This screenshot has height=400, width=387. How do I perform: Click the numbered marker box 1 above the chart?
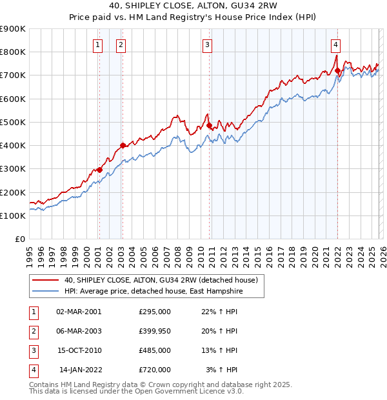pos(97,45)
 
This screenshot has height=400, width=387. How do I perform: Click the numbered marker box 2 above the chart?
pos(121,45)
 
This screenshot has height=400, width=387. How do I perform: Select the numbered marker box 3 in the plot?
pos(207,45)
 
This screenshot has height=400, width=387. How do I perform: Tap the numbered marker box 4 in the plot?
pos(336,45)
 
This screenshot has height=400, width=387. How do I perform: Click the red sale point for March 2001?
pos(99,170)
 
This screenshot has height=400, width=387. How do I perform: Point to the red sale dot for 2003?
pos(123,145)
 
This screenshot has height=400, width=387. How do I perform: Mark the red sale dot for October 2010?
pos(209,125)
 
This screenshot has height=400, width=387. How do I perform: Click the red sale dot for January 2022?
pos(337,70)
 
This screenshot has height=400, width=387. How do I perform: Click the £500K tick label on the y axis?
pos(13,122)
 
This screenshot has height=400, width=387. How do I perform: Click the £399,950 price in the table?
pos(154,331)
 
